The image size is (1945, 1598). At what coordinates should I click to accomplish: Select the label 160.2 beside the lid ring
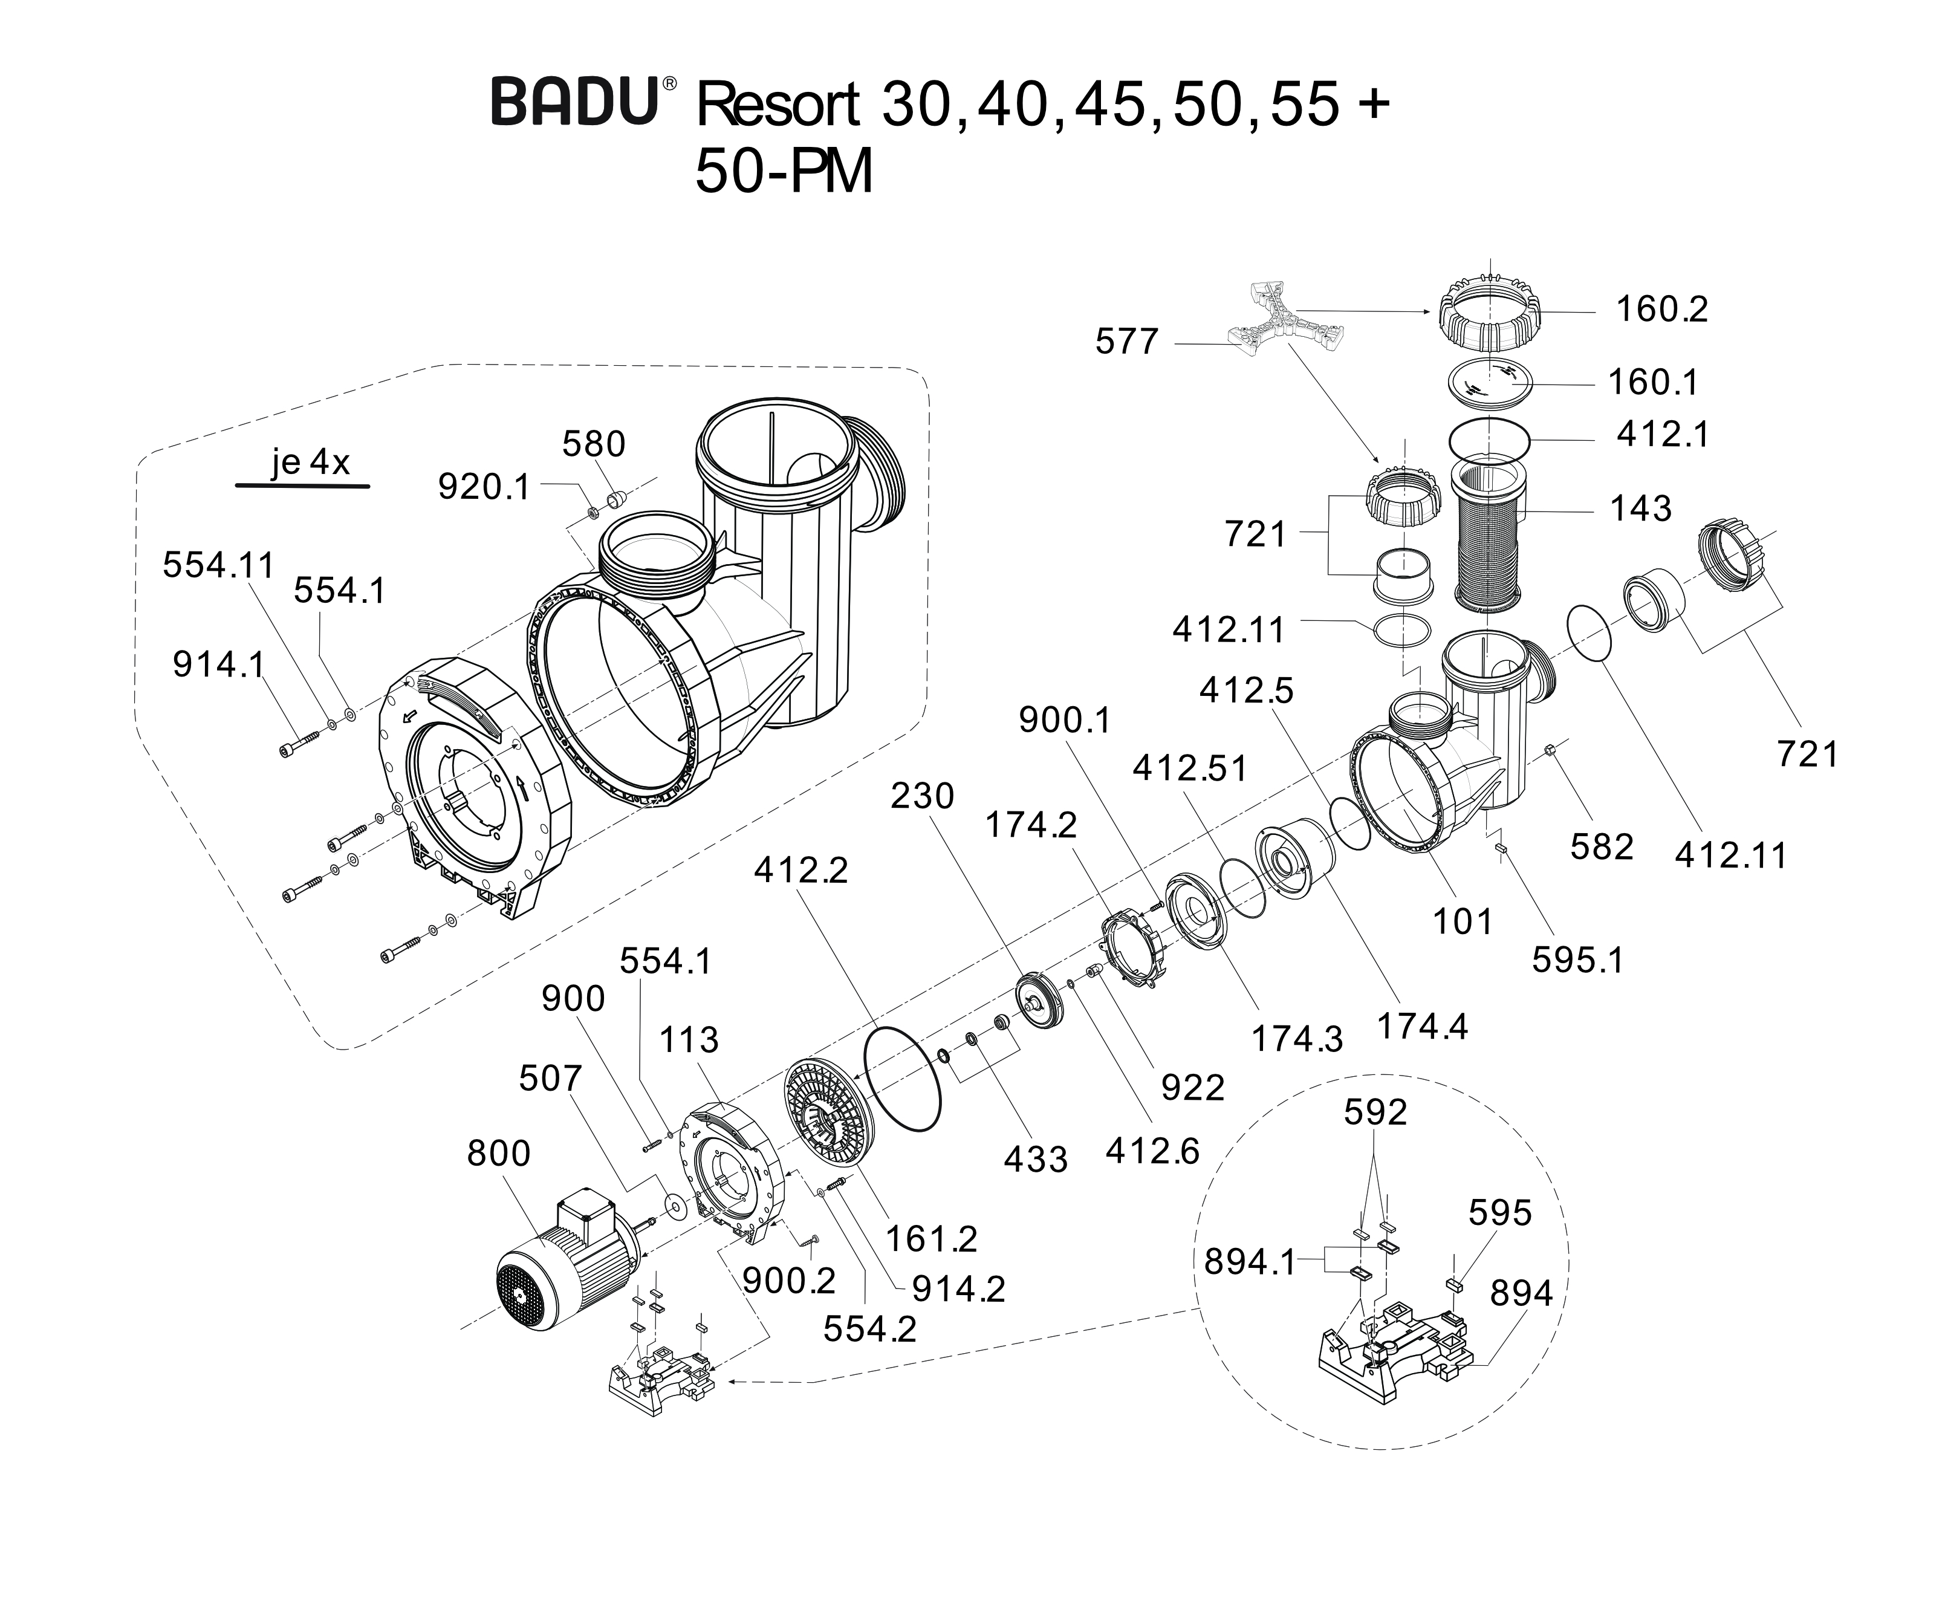[x=1661, y=310]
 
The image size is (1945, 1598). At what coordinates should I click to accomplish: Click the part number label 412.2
[x=801, y=870]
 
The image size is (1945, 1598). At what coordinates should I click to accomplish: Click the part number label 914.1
[x=218, y=664]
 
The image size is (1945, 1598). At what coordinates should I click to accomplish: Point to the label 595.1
[x=1577, y=960]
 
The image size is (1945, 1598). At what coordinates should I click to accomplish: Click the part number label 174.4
[x=1421, y=1025]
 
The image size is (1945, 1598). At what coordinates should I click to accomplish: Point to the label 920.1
[x=484, y=487]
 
